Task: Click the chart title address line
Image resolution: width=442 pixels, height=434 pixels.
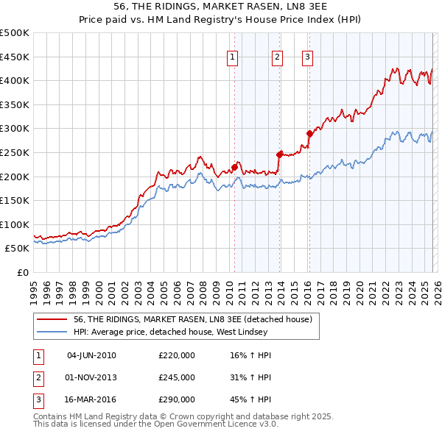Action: click(221, 7)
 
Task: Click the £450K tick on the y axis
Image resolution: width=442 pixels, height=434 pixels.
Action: click(15, 57)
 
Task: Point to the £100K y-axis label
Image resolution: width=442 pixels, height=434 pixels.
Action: click(15, 224)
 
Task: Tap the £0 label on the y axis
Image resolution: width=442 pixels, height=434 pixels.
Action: click(24, 273)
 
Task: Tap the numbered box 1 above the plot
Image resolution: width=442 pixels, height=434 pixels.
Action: click(233, 57)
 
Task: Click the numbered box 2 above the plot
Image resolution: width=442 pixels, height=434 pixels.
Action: click(277, 57)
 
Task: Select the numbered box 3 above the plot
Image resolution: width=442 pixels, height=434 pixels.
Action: click(307, 57)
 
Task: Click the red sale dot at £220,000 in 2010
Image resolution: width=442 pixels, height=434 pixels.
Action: click(234, 166)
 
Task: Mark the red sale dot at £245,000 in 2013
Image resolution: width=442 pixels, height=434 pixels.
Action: click(279, 154)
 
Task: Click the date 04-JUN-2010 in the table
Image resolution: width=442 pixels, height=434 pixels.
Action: click(91, 355)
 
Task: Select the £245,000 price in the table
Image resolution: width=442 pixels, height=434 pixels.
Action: click(177, 377)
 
